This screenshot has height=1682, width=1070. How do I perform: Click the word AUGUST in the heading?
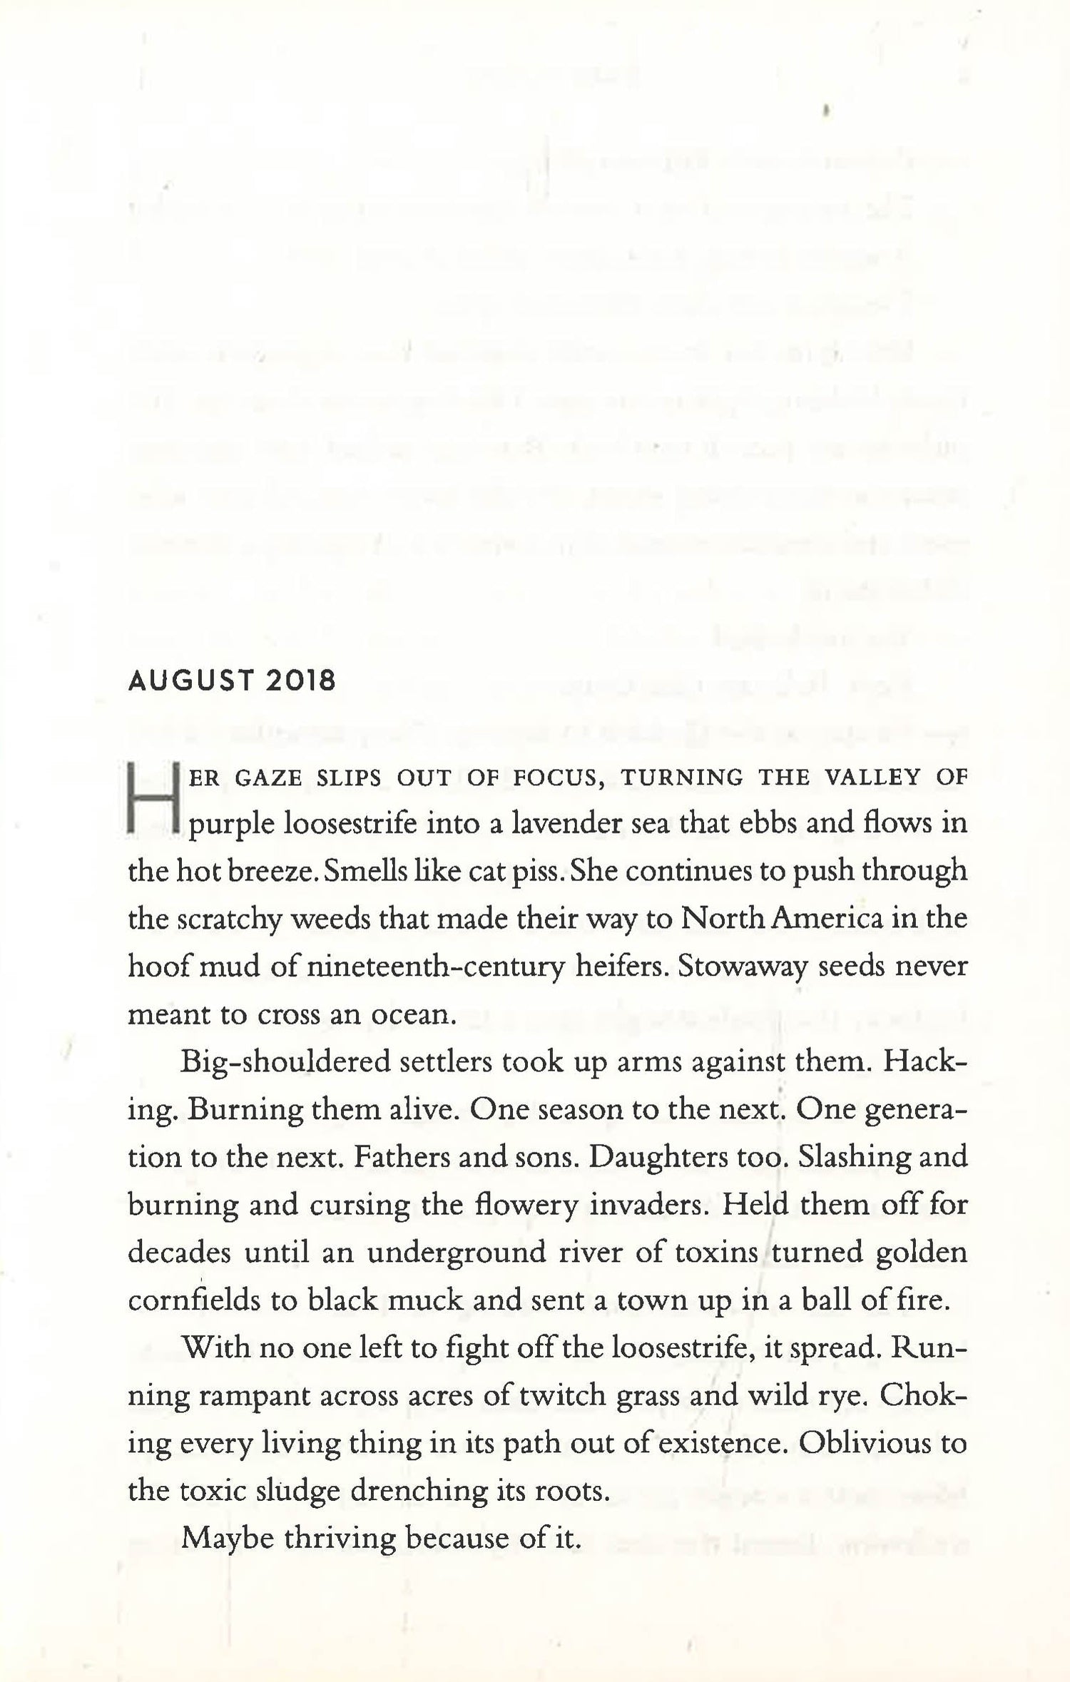pyautogui.click(x=190, y=682)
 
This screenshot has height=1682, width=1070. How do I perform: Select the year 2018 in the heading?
pyautogui.click(x=300, y=682)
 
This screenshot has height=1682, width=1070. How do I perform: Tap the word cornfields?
pyautogui.click(x=193, y=1300)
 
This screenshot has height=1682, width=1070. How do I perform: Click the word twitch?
pyautogui.click(x=560, y=1396)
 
